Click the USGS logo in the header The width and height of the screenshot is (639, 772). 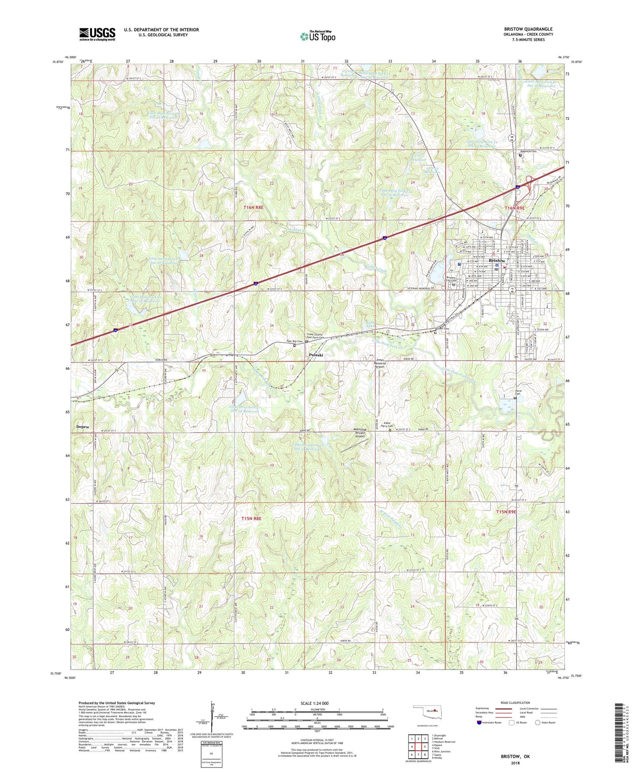(97, 34)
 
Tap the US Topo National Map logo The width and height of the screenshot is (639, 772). (318, 36)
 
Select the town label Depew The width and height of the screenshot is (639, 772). (83, 427)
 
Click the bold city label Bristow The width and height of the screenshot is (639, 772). (497, 261)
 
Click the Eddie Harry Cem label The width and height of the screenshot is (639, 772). (390, 424)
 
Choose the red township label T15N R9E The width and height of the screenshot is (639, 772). (506, 512)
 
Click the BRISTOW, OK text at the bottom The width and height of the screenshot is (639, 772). (515, 757)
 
